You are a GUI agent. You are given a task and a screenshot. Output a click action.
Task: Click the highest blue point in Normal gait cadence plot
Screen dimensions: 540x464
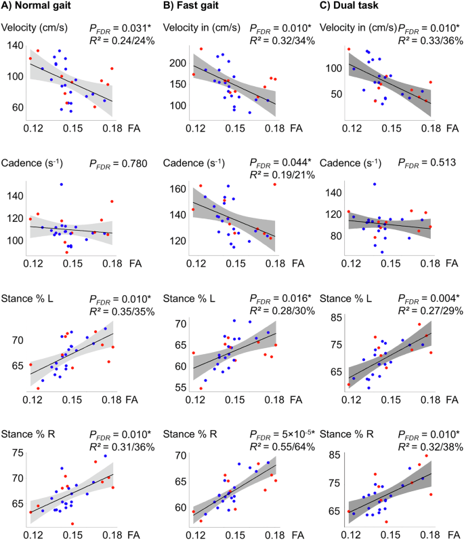coord(61,185)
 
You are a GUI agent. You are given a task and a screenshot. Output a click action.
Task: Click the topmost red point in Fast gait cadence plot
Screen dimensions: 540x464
coord(275,185)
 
